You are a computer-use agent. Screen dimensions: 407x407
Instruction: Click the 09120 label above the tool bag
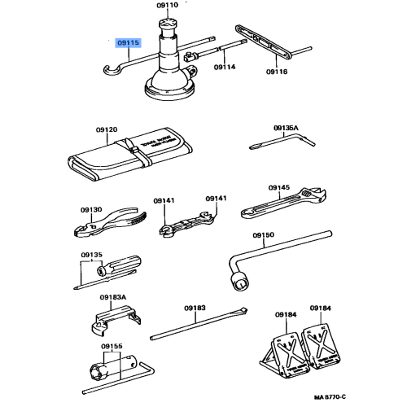point(106,129)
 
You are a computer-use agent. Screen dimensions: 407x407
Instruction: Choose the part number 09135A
point(286,129)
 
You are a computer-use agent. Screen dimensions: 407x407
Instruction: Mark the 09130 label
point(91,209)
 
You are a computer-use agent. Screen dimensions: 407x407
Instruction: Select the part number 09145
point(278,188)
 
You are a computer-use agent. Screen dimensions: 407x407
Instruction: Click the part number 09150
point(264,235)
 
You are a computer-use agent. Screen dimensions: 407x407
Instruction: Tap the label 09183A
point(113,298)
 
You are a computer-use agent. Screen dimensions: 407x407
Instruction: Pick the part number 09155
point(112,346)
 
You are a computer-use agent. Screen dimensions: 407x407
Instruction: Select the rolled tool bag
point(130,157)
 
